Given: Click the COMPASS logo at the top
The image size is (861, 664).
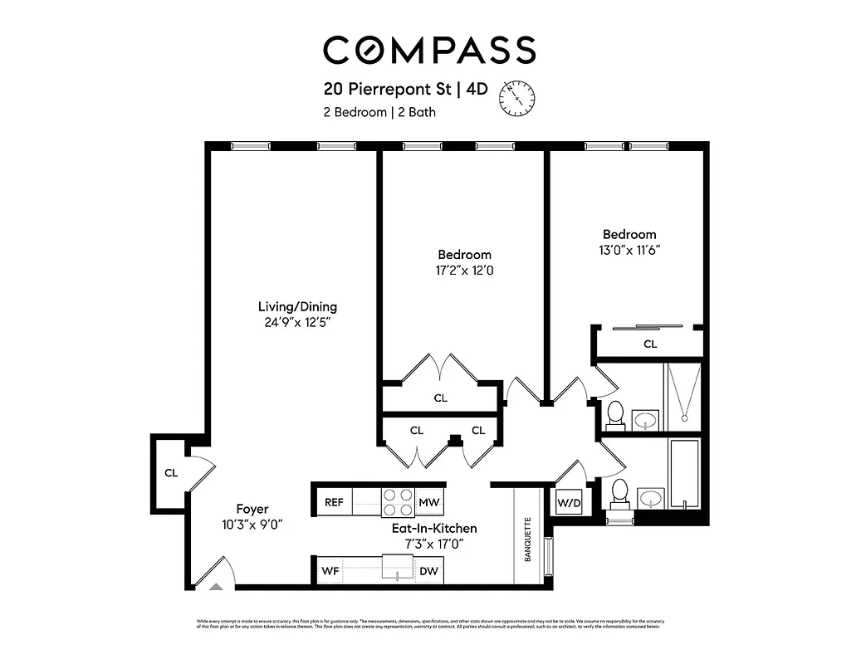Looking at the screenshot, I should point(429,50).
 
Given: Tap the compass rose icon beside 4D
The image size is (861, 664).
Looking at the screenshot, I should point(516,97).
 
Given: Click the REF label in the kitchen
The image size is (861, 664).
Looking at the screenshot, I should point(334,502).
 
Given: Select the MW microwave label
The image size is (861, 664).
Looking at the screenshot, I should point(428,502).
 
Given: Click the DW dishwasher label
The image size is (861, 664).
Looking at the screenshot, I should point(429,571).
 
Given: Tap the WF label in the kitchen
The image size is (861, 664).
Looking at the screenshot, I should point(330,571).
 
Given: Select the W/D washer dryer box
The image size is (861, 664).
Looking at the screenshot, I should point(568,502).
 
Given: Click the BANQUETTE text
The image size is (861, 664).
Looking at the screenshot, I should point(527,540).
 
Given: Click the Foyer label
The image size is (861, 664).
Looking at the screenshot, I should point(252,509).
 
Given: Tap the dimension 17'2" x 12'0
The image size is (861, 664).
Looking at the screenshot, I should point(464,271).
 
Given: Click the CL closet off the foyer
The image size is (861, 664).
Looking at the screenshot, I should point(171,473).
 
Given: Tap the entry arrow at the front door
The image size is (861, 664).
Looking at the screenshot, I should point(216,585).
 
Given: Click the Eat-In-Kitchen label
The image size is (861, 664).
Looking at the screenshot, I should point(434,528).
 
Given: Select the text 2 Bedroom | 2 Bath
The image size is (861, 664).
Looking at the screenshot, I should point(379,112).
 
